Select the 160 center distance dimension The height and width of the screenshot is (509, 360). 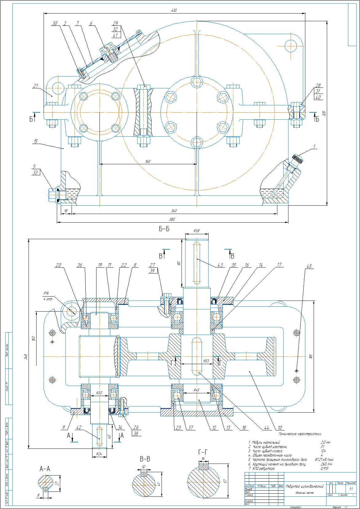(x=148, y=161)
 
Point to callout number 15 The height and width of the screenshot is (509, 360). (x=36, y=142)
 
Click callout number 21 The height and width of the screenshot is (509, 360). (x=36, y=86)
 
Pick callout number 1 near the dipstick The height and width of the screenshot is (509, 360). (x=314, y=147)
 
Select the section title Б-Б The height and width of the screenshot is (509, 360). (x=164, y=229)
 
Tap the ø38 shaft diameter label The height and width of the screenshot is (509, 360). (x=197, y=230)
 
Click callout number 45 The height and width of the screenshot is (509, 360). (x=309, y=266)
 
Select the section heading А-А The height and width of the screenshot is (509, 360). (x=45, y=469)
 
